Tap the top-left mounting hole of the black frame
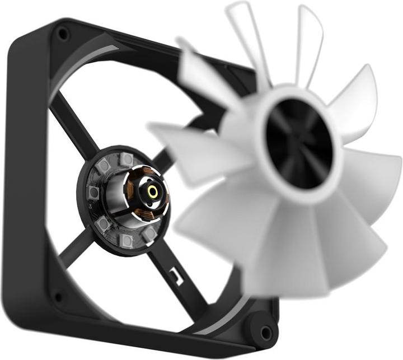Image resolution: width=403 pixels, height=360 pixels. coord(63,35)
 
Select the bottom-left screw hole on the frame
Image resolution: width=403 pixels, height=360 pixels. coord(57,297)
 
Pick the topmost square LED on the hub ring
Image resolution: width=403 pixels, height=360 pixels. coord(127,160)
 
